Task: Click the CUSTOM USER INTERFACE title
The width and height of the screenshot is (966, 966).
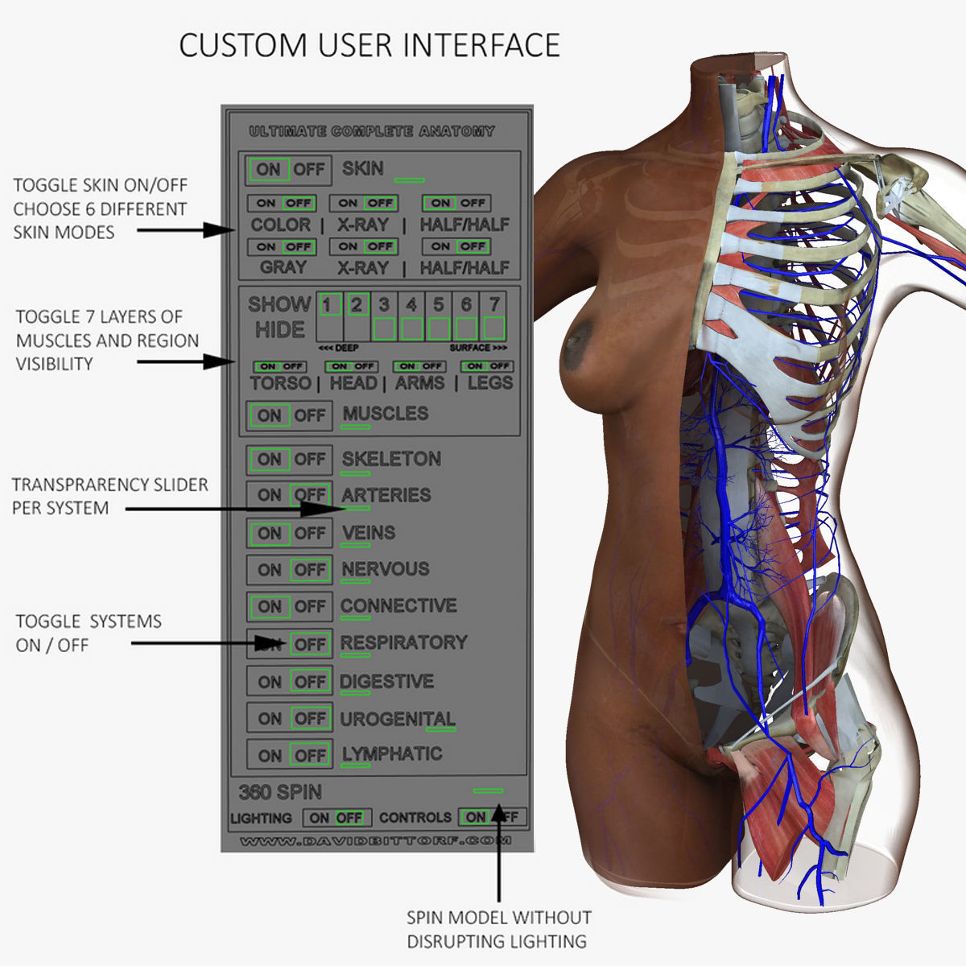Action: click(x=369, y=45)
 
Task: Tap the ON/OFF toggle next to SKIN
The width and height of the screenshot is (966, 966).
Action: click(x=289, y=170)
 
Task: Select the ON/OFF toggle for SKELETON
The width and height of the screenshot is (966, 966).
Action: click(x=289, y=460)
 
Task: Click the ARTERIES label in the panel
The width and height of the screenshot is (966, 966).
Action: click(x=386, y=495)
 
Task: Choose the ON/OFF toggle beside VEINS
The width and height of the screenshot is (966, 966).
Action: click(x=289, y=533)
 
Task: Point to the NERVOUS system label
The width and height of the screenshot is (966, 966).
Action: click(x=385, y=569)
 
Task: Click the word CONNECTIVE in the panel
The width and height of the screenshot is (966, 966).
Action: click(x=398, y=605)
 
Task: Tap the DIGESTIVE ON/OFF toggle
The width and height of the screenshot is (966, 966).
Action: click(x=289, y=682)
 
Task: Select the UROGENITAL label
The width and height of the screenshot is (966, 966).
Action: click(x=397, y=718)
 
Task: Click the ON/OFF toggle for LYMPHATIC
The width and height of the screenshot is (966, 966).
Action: click(x=289, y=755)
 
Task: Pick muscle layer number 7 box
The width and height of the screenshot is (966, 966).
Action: click(x=493, y=316)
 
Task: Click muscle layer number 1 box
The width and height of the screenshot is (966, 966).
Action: click(x=328, y=316)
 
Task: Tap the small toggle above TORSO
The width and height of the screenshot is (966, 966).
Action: click(x=279, y=366)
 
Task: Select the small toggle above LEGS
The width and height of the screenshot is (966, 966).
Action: click(x=487, y=366)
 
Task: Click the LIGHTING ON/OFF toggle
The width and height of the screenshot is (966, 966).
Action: click(x=336, y=818)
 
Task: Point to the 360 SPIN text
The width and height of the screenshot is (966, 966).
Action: click(x=280, y=792)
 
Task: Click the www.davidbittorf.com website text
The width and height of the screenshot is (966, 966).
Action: click(x=375, y=841)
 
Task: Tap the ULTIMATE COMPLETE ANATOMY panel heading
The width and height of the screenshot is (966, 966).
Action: click(x=372, y=131)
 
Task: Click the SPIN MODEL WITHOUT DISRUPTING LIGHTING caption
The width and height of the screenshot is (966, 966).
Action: click(x=498, y=929)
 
